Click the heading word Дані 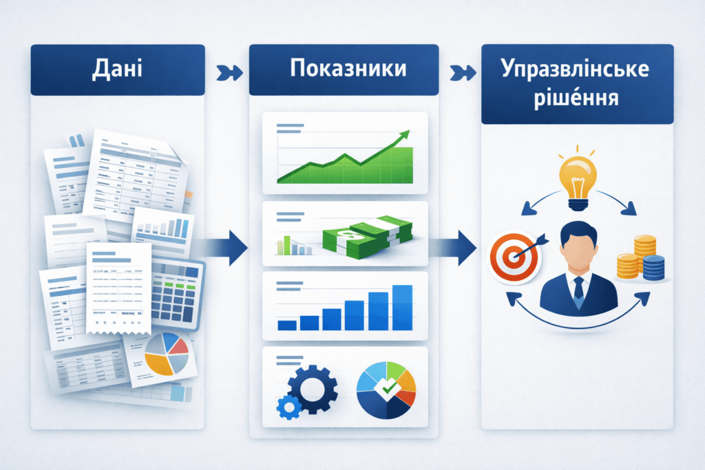click(117, 70)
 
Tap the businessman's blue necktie click(578, 289)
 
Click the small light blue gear click(285, 407)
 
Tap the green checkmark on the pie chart click(388, 389)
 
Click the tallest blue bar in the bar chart click(401, 308)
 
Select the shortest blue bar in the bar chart click(286, 325)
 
